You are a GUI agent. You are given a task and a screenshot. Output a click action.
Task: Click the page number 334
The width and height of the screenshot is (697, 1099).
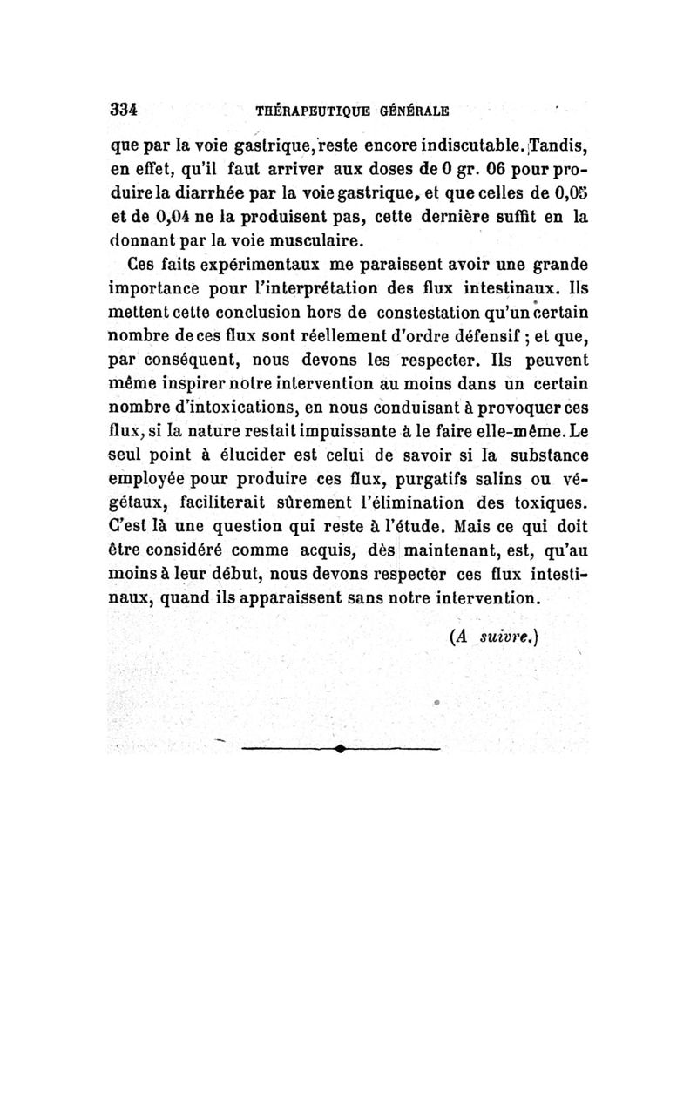point(125,111)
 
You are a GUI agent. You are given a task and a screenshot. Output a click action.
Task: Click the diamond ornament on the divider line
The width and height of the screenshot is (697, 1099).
point(338,748)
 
